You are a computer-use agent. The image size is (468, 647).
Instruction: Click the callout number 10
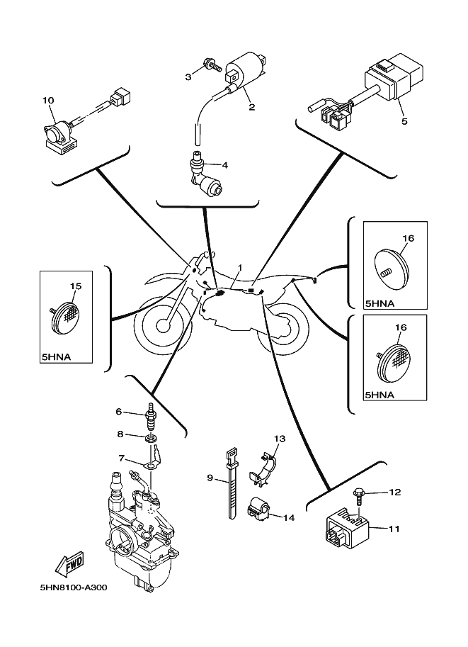click(48, 101)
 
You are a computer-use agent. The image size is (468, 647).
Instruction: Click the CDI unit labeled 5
click(388, 78)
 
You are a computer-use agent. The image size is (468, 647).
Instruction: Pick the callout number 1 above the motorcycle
click(239, 268)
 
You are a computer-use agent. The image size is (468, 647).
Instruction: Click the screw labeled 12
click(359, 493)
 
